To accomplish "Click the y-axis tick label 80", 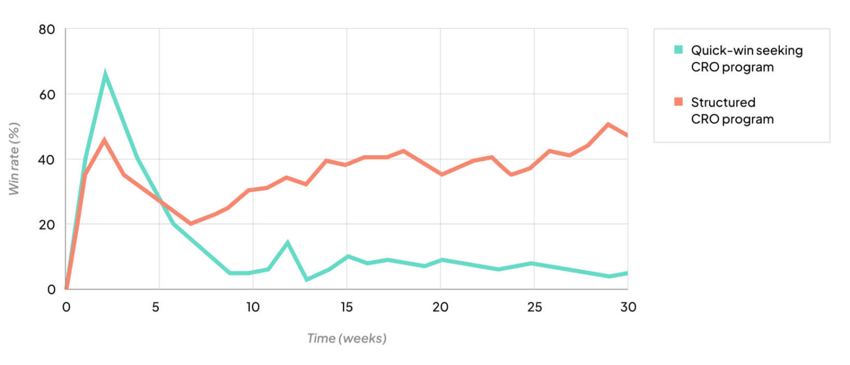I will tap(47, 29).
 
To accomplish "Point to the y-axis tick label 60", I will tap(47, 94).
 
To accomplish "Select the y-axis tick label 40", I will tap(47, 159).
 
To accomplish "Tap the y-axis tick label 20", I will tap(47, 224).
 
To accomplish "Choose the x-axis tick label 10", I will tap(253, 307).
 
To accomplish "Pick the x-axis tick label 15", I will tap(346, 307).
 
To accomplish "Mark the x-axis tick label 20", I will tap(440, 307).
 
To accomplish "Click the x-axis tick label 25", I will tap(534, 307).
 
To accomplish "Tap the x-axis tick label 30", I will tap(628, 307).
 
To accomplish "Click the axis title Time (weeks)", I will tap(346, 338).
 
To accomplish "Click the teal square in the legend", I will tap(678, 50).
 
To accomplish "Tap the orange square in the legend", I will tap(678, 102).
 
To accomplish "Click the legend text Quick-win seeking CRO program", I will tap(746, 59).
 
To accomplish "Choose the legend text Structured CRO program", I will tap(732, 111).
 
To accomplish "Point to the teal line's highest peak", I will tap(105, 74).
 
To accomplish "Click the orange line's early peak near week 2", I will tap(104, 140).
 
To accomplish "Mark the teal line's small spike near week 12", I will tap(288, 242).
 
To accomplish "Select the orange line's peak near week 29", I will tap(608, 124).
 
